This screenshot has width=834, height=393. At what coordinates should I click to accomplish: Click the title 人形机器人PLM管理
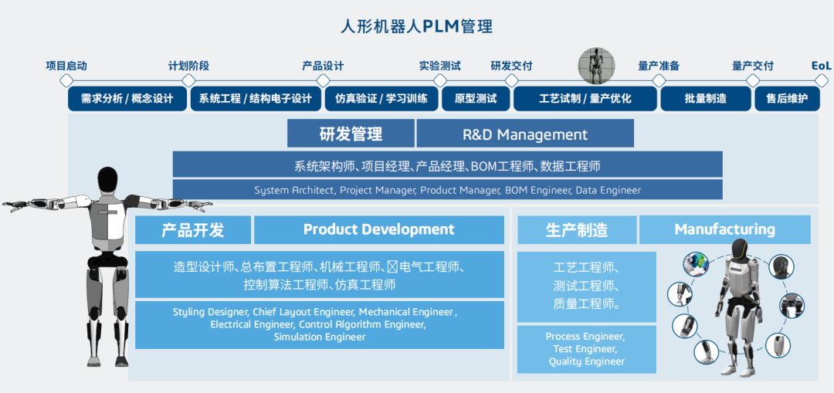tap(416, 26)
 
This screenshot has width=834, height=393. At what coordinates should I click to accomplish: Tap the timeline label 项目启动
tap(66, 66)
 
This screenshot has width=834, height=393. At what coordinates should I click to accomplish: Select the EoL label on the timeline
tap(821, 66)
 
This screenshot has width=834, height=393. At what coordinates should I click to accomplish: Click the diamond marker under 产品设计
tap(323, 81)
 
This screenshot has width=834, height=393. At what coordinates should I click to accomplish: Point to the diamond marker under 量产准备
tap(659, 81)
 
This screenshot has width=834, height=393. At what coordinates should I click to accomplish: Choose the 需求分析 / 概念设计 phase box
tap(127, 99)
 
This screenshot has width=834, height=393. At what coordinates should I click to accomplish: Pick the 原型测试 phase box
tap(476, 99)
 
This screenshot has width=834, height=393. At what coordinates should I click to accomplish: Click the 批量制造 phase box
tap(706, 99)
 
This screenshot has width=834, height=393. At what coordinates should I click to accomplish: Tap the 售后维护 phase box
tap(787, 99)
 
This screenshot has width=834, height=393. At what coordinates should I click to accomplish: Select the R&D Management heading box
tap(525, 134)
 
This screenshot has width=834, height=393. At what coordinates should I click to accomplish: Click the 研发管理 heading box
tap(351, 134)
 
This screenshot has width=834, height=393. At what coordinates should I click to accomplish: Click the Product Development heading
tap(378, 230)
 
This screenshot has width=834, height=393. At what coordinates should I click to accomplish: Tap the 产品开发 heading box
tap(192, 230)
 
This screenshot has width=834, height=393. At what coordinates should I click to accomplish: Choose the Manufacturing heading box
tap(724, 230)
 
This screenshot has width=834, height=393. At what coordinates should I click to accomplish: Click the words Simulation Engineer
tap(320, 337)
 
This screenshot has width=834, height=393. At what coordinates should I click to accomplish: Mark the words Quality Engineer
tap(587, 361)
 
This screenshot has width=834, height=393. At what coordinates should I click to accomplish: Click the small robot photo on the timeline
tap(596, 66)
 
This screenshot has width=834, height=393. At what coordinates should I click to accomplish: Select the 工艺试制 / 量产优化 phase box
tap(585, 99)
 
